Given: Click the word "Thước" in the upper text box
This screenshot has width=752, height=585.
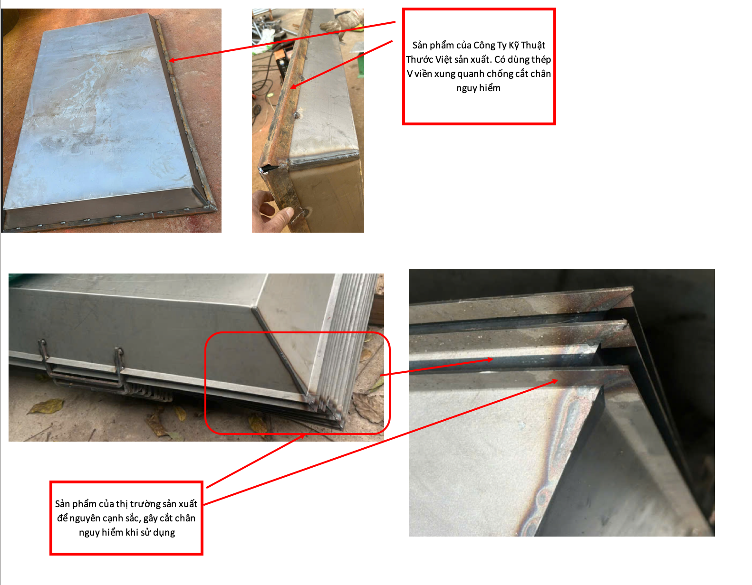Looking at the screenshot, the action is tap(419, 59).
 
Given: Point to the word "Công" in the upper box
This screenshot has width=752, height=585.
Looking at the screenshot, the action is tap(484, 45).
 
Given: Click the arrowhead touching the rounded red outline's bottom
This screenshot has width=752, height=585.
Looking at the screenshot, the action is tap(302, 436).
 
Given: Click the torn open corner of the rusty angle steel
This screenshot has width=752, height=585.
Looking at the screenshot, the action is tap(268, 168).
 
